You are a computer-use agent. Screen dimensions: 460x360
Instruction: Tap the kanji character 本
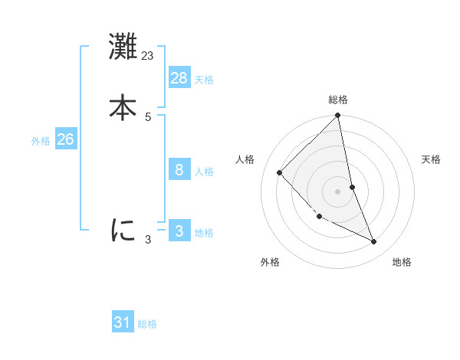pos(123,106)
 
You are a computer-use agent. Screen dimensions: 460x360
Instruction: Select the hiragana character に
pos(123,229)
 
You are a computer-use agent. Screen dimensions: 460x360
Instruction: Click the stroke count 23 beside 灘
pos(148,56)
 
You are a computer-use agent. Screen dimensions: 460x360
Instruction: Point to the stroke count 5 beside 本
pos(148,116)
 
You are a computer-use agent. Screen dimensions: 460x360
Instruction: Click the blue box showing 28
pos(179,77)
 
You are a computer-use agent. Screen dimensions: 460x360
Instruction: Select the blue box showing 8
pos(179,170)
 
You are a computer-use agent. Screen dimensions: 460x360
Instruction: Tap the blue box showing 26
pos(66,139)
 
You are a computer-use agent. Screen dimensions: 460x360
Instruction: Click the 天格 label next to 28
pos(204,80)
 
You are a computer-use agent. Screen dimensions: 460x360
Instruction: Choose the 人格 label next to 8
pos(204,172)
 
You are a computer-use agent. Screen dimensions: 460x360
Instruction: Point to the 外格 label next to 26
pos(41,141)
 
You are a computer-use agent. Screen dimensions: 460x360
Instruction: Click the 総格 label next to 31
pos(147,324)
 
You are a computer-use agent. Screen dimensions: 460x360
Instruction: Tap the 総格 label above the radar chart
pos(338,100)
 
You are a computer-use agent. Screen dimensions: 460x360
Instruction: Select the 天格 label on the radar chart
pos(431,159)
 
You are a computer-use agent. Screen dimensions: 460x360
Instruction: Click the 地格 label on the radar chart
pos(402,262)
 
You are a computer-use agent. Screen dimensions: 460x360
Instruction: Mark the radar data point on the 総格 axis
pos(338,116)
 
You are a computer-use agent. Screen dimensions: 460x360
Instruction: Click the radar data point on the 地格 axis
pos(374,241)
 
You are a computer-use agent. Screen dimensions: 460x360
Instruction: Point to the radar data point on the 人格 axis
pos(280,172)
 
